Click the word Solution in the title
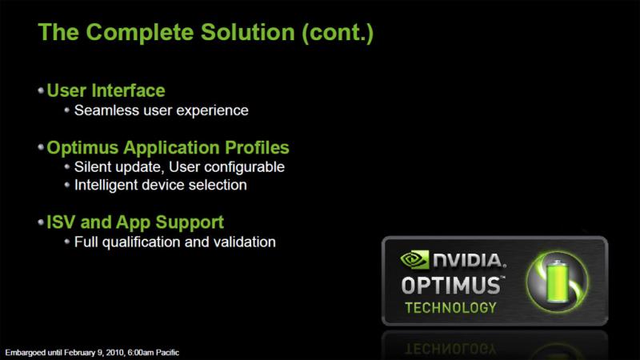[x=247, y=32]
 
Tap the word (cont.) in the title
[x=338, y=33]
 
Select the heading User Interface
[x=106, y=90]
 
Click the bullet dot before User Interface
[x=41, y=90]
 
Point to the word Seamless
[x=106, y=110]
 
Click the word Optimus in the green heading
[x=82, y=148]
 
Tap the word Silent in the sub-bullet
[x=93, y=167]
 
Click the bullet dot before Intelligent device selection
[x=67, y=185]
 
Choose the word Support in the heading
[x=190, y=223]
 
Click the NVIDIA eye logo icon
[x=414, y=260]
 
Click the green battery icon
[x=557, y=282]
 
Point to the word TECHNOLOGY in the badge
[x=450, y=307]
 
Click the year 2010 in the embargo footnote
[x=115, y=353]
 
